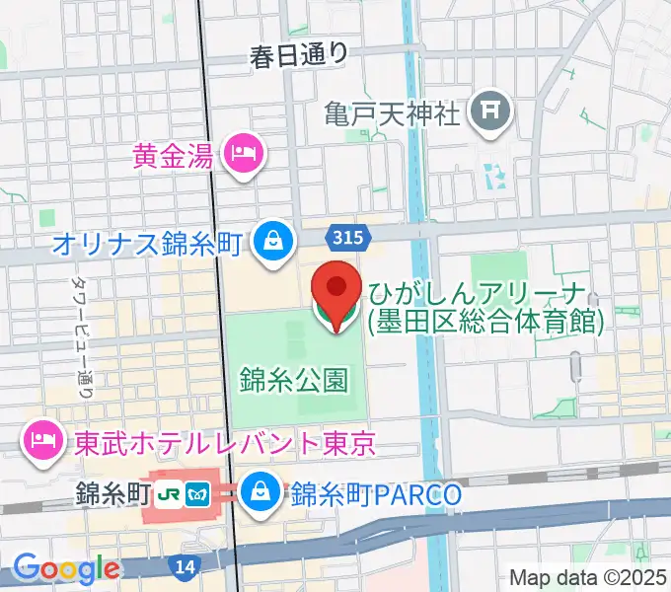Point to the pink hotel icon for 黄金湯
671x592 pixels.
point(242,154)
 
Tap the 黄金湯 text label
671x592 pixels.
point(175,154)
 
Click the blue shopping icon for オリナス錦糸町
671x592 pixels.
point(268,240)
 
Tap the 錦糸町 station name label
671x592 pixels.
point(107,491)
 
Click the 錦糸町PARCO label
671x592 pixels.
point(375,493)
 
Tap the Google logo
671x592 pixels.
point(66,567)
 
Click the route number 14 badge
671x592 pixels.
point(184,566)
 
